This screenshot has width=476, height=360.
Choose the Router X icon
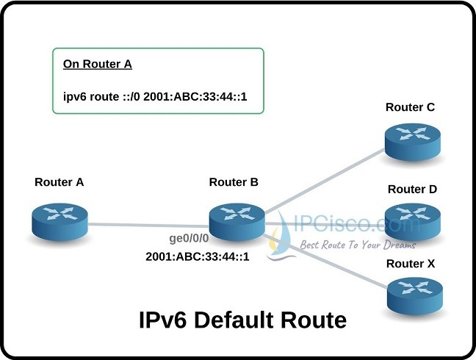[x=414, y=294]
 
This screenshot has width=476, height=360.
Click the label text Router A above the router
[x=59, y=182]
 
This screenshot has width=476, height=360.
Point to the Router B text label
[x=234, y=182]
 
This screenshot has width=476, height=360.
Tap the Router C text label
[x=410, y=108]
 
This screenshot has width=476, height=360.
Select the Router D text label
[x=413, y=189]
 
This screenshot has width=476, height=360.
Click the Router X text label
[x=411, y=263]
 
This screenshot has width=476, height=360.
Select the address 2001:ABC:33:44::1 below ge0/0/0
[x=197, y=256]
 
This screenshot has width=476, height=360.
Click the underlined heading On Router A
[x=97, y=64]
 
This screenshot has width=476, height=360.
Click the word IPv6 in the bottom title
[x=164, y=321]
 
